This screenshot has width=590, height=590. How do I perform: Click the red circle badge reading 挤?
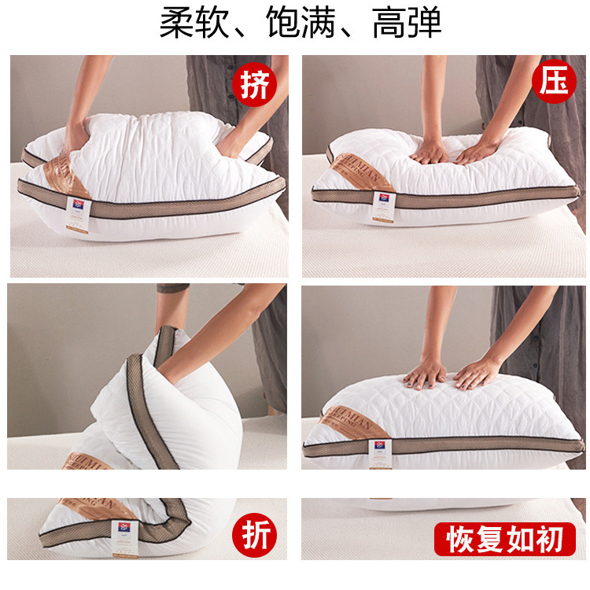click(253, 86)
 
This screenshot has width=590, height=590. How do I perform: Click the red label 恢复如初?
click(505, 540)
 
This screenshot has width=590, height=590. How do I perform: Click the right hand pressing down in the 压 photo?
click(478, 151)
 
